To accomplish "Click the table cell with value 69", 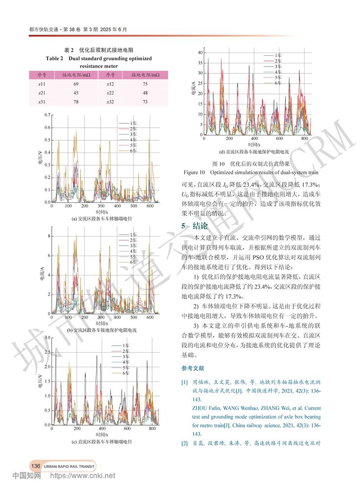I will point(63,84).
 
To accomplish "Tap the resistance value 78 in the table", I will point(63,102).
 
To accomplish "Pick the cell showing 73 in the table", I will point(145,102).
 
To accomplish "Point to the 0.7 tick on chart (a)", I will point(48,115).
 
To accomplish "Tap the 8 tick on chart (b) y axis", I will point(49,235).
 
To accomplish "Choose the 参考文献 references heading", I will point(193,369).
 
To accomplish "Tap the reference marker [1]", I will point(184,382).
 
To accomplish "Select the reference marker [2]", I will point(184,444).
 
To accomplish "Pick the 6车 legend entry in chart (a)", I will point(133,151).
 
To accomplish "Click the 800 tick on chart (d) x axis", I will point(304,139).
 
